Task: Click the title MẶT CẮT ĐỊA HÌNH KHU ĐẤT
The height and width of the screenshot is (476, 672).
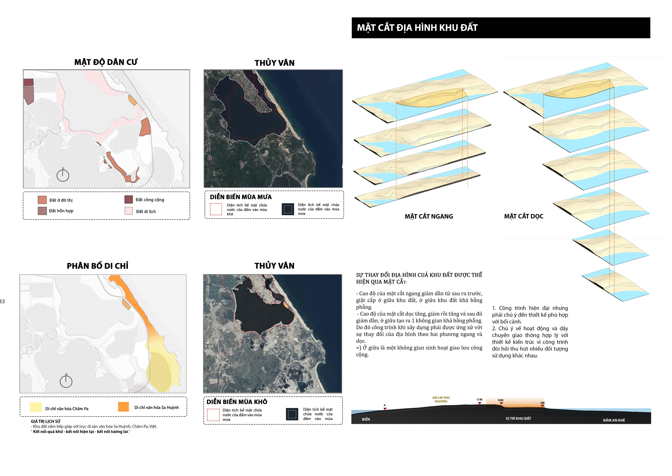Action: pos(417,28)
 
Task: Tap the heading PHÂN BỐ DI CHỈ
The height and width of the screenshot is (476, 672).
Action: pos(98,266)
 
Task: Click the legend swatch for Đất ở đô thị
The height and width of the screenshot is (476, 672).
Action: pos(42,200)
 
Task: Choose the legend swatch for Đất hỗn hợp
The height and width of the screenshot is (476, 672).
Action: pos(42,211)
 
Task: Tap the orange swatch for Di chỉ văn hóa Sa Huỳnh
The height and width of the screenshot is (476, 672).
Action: pos(123,407)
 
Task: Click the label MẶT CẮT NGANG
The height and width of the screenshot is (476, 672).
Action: pos(429,216)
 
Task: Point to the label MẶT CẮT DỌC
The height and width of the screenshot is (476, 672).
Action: pos(524,216)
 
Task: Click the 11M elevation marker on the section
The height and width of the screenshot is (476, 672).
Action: pos(479,400)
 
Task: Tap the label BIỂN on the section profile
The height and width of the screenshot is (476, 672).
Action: pos(366,419)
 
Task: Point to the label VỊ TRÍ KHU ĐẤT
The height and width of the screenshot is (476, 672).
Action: pos(518,419)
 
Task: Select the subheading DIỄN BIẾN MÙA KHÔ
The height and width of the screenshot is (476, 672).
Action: pos(237,402)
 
